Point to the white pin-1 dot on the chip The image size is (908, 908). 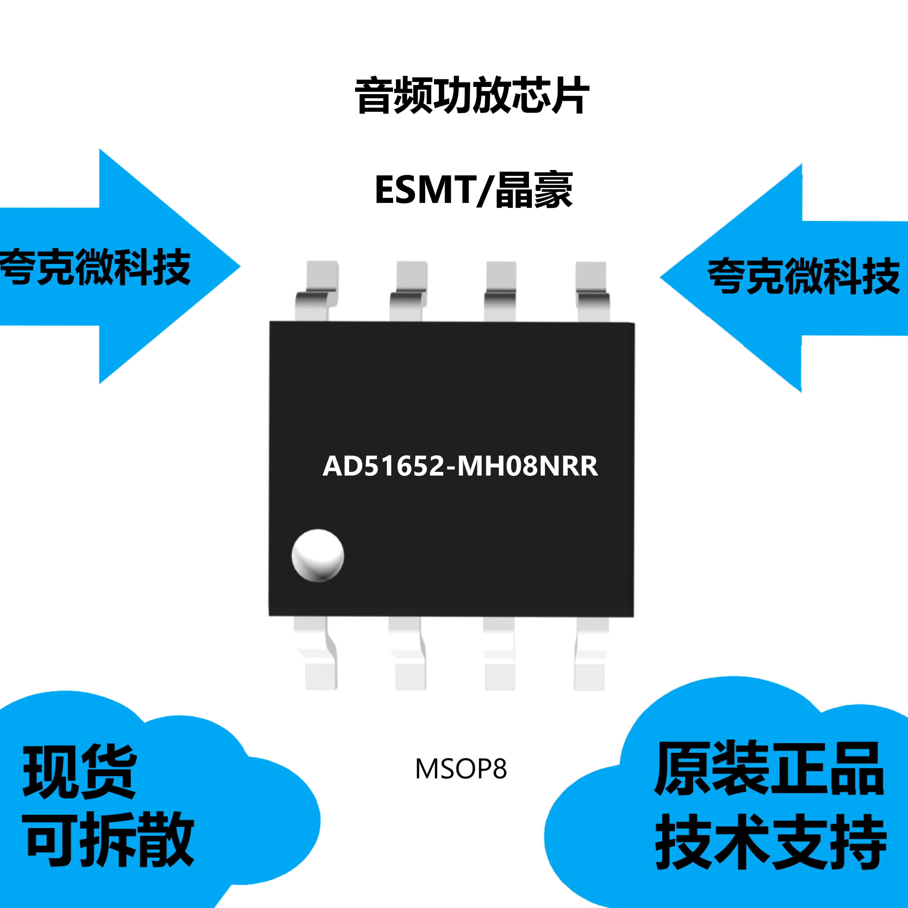(x=318, y=555)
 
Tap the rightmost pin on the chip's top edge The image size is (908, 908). (x=592, y=291)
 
